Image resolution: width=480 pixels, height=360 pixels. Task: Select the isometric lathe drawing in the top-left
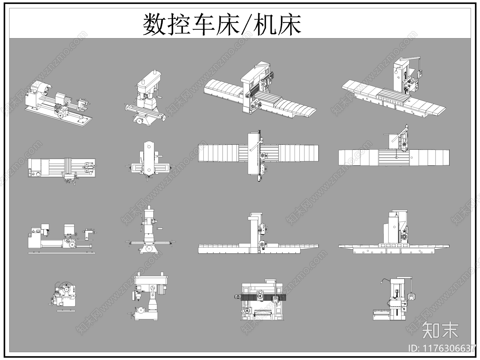click(x=58, y=100)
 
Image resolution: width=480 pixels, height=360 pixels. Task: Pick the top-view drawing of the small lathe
click(x=62, y=169)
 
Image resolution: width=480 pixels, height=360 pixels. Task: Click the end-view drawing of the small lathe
click(x=64, y=295)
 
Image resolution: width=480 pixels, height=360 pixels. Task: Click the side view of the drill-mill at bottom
click(x=148, y=297)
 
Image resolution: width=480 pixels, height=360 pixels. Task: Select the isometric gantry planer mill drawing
click(x=259, y=90)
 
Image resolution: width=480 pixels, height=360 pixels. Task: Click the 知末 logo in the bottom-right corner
click(x=440, y=330)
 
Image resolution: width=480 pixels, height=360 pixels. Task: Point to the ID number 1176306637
click(x=442, y=349)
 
